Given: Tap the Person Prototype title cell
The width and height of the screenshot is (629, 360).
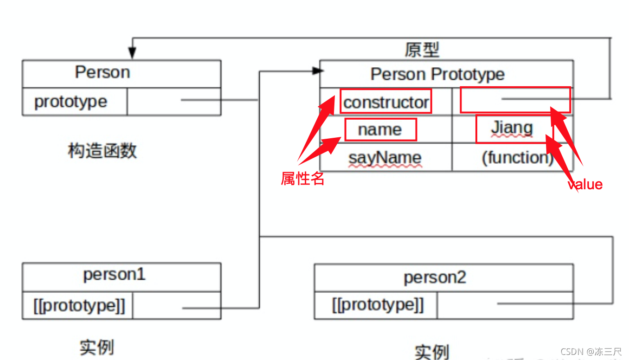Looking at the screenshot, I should (x=437, y=74).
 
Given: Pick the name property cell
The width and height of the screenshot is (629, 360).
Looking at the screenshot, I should (x=380, y=130).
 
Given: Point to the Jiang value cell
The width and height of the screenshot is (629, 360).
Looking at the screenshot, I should (x=512, y=129).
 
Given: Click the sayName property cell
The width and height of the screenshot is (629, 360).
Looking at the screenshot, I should (x=385, y=158).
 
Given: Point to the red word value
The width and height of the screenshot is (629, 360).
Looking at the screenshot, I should (x=585, y=185).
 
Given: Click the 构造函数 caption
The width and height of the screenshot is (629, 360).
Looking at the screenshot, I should (x=103, y=151).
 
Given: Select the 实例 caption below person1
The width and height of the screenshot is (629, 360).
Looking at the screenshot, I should (x=96, y=347).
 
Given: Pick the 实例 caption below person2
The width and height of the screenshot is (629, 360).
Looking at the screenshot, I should (x=432, y=352).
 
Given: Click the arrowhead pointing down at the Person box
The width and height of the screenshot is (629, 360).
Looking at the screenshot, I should (x=132, y=54).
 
